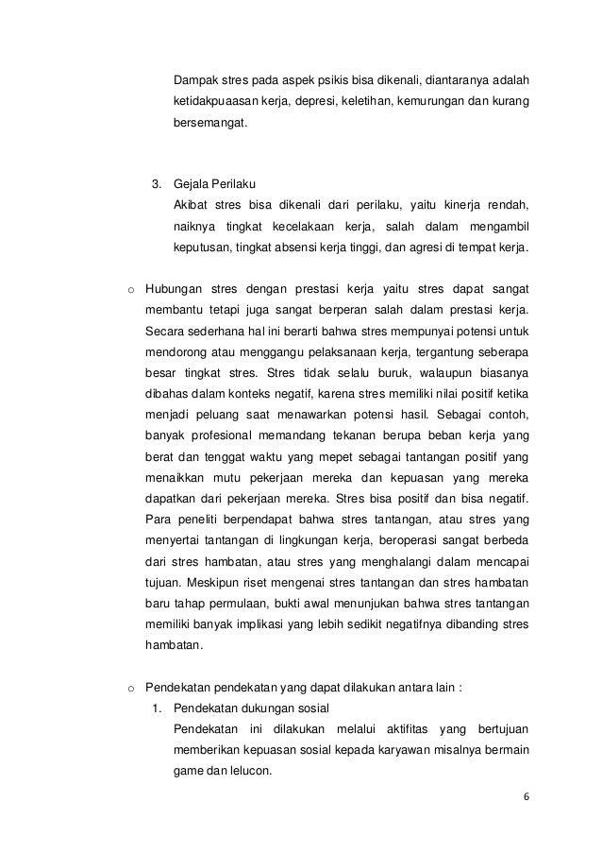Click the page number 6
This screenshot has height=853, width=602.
point(527,794)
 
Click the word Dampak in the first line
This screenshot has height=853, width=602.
point(195,77)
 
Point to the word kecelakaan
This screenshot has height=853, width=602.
point(314,227)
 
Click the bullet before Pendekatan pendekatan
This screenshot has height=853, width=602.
point(131,689)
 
